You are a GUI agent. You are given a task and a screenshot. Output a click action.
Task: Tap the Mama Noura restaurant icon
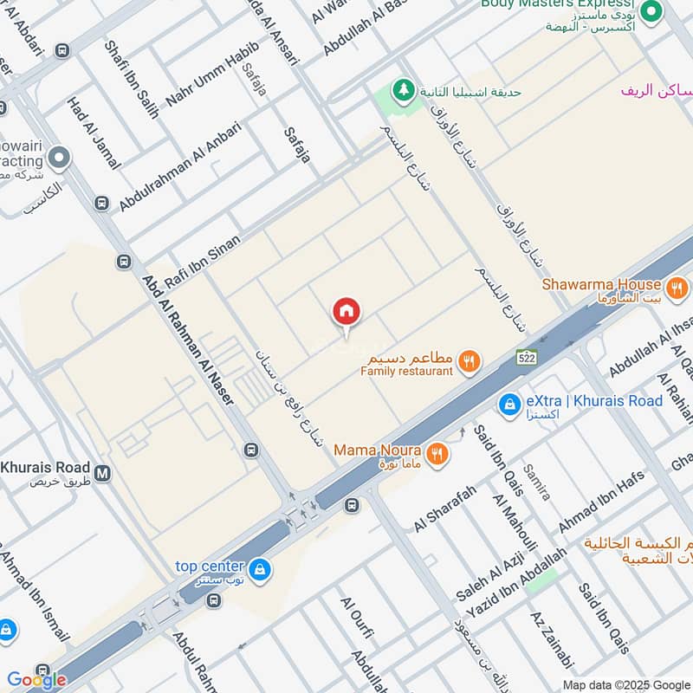[x=437, y=451]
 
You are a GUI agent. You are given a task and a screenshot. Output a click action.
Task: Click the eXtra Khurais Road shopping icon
[x=509, y=404]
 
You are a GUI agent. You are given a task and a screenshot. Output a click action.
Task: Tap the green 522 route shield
[x=525, y=357]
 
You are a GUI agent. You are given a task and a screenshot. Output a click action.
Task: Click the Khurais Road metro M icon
[x=103, y=473]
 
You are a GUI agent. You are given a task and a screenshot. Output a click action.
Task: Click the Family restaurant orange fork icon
[x=470, y=360]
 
